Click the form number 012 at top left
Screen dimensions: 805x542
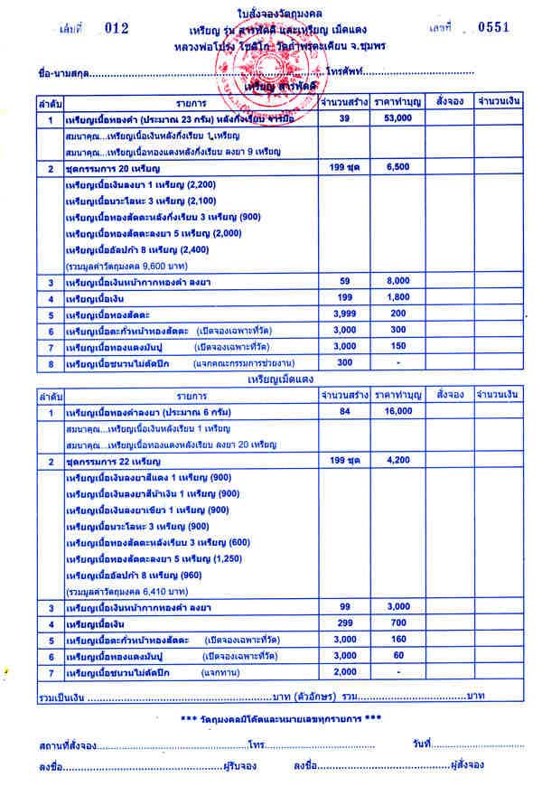(117, 29)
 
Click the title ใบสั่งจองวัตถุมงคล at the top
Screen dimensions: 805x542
(271, 10)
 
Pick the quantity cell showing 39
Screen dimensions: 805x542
(343, 119)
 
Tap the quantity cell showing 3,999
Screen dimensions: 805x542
(343, 314)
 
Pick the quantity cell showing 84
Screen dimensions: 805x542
(343, 412)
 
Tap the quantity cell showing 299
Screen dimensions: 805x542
(343, 623)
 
